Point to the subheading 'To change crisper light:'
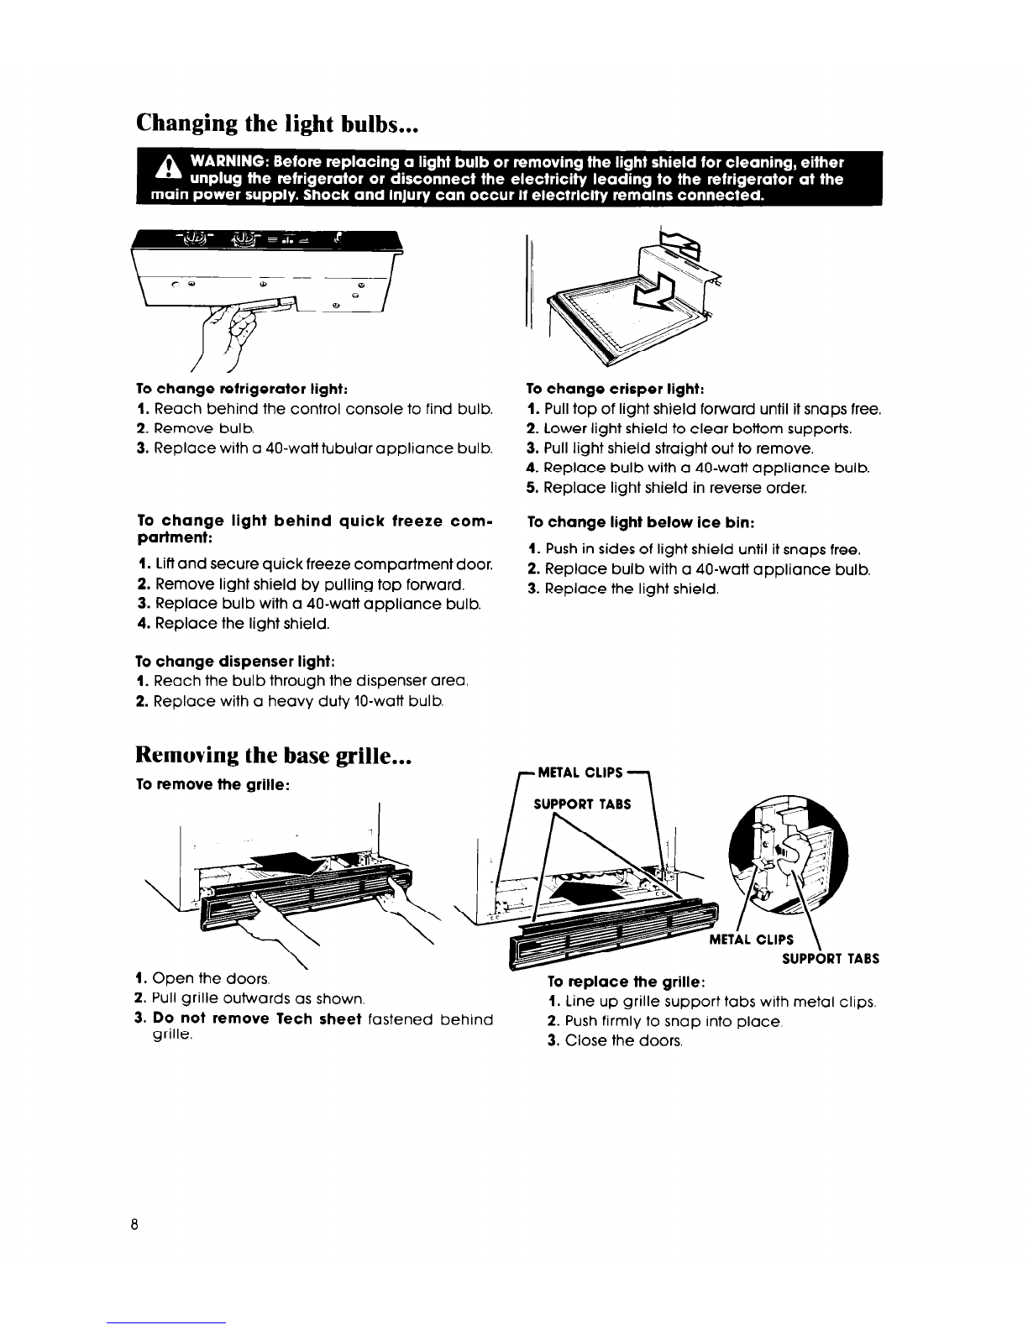tap(613, 389)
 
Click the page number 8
tap(134, 1223)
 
